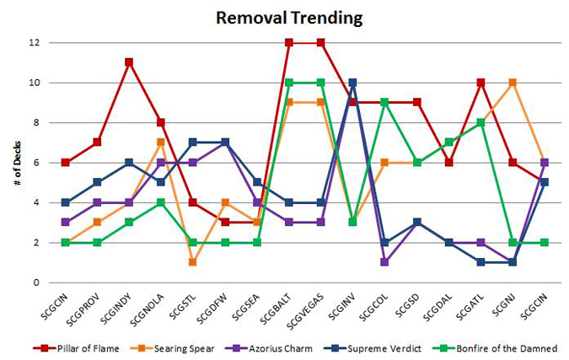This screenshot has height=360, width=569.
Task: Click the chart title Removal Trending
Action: coord(284,17)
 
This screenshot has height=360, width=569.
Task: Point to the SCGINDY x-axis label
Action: coord(115,305)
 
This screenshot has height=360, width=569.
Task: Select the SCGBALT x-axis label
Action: coord(276,305)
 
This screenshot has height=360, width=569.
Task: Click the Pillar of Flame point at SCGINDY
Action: coord(129,62)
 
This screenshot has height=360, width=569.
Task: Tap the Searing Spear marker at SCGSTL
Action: coord(192,262)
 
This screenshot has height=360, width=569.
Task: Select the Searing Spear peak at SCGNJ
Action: coord(513,83)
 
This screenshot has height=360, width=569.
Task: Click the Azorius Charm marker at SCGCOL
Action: coord(384,262)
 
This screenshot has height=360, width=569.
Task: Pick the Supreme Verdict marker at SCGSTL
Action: coord(192,142)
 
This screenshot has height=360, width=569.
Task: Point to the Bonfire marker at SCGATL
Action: coord(480,122)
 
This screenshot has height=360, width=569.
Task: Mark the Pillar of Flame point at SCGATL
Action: coord(480,83)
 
